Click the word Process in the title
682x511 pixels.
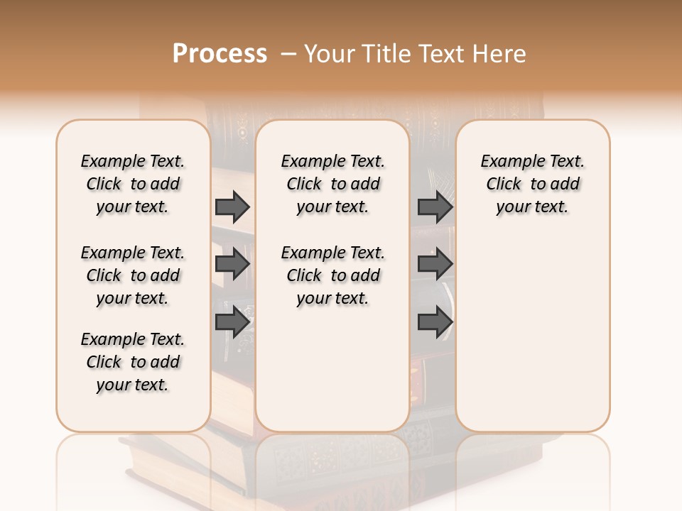click(x=220, y=54)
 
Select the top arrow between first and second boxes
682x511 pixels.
click(x=232, y=207)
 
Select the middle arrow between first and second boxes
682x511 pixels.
click(x=232, y=264)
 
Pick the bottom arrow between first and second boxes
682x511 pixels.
click(x=232, y=322)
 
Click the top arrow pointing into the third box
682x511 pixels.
click(x=435, y=207)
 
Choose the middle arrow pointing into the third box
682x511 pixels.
click(x=435, y=264)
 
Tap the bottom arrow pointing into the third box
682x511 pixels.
click(x=435, y=322)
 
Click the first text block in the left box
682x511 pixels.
click(x=133, y=184)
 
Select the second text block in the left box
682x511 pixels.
click(x=133, y=275)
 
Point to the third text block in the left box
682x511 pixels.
click(x=133, y=362)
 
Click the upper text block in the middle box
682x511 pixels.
click(x=332, y=184)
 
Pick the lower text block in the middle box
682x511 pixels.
click(x=332, y=275)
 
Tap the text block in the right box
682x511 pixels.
click(x=532, y=184)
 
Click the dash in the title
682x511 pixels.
click(x=288, y=54)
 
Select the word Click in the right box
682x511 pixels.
click(x=504, y=185)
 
